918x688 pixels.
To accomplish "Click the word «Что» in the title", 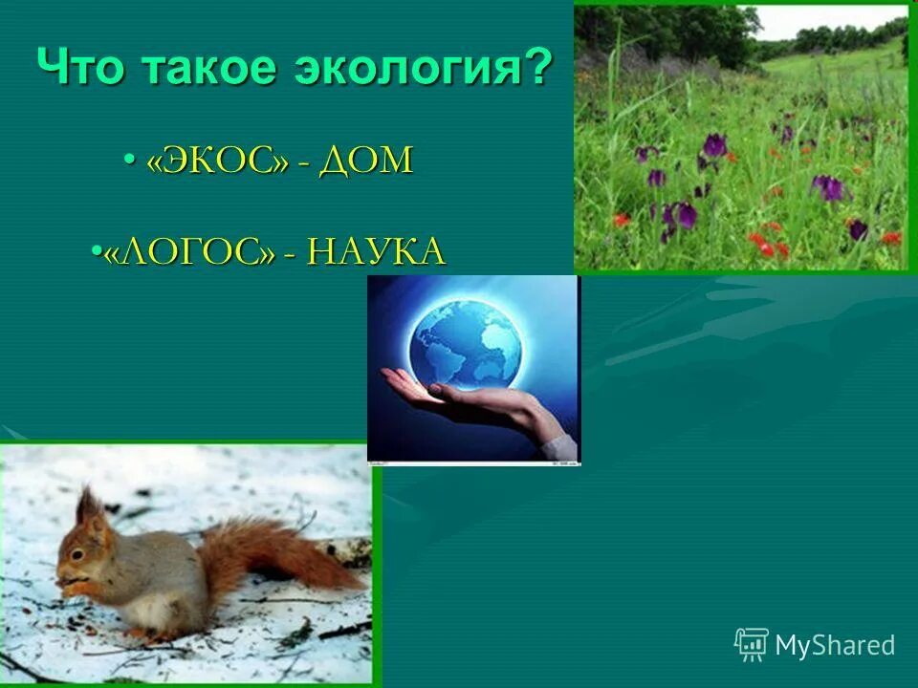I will tap(83, 70).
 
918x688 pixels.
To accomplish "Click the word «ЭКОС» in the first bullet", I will tap(217, 161).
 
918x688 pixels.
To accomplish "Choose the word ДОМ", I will tap(367, 161).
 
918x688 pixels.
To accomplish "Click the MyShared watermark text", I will tap(835, 645).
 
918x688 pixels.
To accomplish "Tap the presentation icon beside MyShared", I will tap(751, 644).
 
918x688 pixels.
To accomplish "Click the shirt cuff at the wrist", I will tap(560, 443).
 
